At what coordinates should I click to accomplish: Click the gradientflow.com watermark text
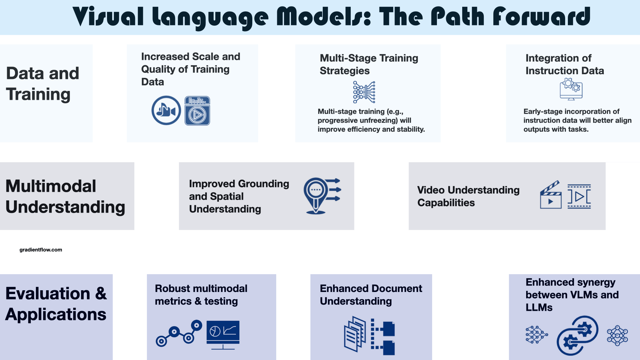(41, 250)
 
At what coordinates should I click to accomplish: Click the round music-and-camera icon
(166, 110)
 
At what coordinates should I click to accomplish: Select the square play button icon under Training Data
(197, 111)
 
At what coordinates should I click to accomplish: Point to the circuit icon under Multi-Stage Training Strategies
(364, 92)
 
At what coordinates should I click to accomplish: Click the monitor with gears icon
(571, 89)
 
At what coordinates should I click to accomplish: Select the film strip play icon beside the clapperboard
(579, 196)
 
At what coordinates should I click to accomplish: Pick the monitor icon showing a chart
(223, 335)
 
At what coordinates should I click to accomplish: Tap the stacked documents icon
(355, 334)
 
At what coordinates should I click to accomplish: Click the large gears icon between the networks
(577, 335)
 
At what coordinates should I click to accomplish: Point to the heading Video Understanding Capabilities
(468, 196)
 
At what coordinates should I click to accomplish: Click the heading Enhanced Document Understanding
(371, 295)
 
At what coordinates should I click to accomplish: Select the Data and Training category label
(43, 84)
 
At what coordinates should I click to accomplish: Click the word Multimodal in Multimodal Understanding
(51, 186)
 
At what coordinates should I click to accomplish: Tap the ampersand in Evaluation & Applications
(101, 294)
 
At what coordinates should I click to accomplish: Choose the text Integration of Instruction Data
(564, 64)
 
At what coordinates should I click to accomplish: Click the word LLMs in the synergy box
(539, 307)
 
